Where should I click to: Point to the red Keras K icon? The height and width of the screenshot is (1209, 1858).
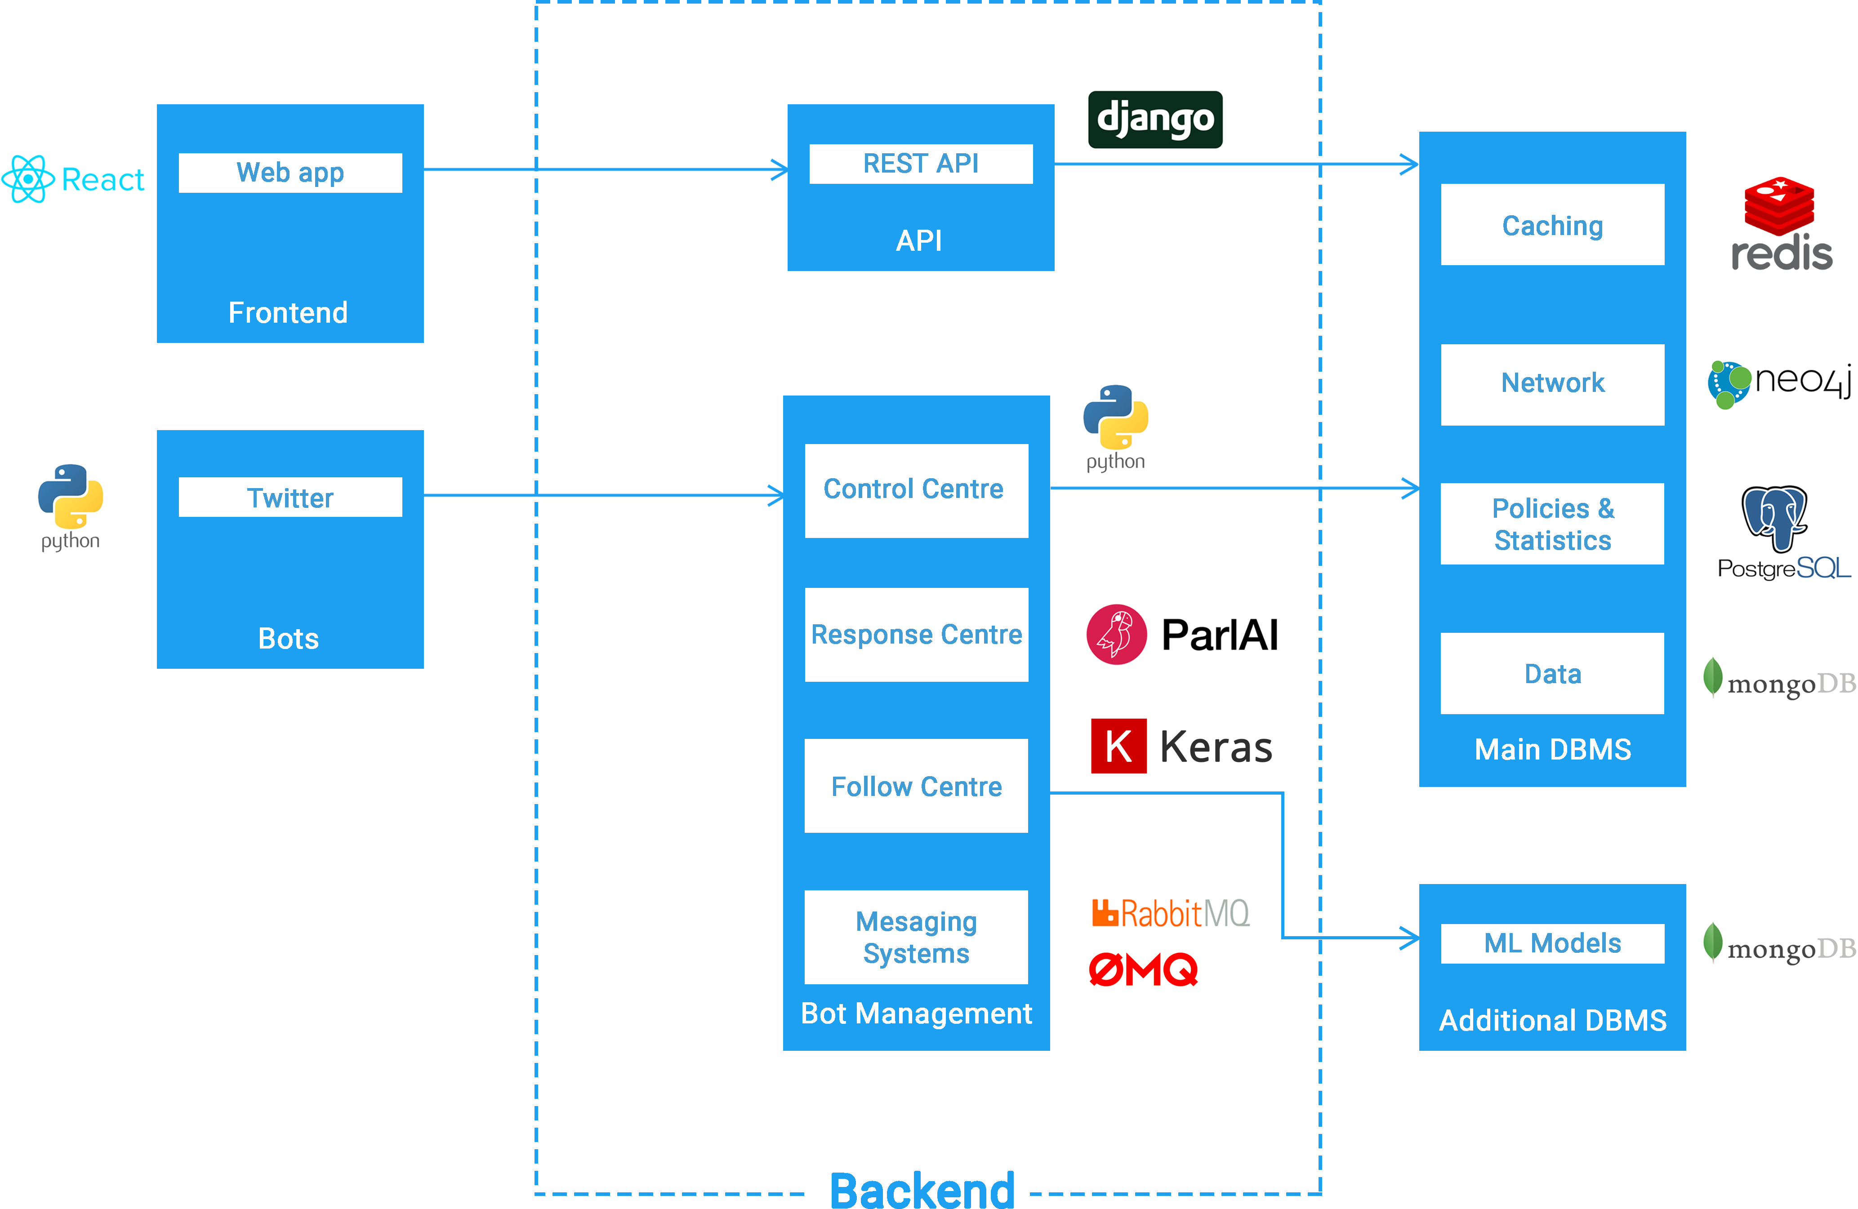[x=1118, y=746]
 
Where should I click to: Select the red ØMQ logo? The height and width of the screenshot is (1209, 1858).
[x=1143, y=970]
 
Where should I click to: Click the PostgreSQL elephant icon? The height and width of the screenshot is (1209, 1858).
[x=1773, y=517]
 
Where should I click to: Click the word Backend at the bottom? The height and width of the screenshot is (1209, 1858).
[x=922, y=1190]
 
